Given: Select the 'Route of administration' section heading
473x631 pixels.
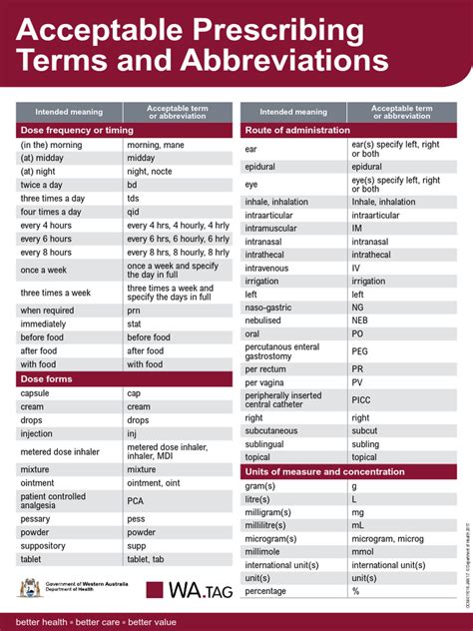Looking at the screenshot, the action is (297, 130).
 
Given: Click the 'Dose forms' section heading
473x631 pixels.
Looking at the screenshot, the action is (46, 379).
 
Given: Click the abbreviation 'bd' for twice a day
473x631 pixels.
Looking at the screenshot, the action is (132, 185).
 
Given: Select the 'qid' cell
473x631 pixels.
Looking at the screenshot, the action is (133, 212).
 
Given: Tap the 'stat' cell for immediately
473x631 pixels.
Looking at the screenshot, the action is (135, 324).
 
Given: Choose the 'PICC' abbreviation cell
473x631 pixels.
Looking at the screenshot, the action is (361, 399).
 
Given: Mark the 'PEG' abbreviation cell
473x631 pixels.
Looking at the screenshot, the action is (360, 351).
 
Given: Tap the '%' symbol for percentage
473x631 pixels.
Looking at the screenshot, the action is (355, 591).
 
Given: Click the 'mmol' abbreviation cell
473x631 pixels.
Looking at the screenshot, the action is (362, 551).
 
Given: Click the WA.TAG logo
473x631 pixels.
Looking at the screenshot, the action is (190, 590).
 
